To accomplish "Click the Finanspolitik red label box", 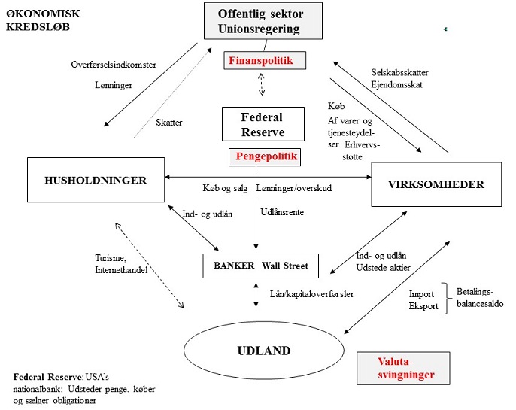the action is pos(265,60).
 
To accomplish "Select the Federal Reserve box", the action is pos(263,124).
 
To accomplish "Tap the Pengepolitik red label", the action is pos(265,157).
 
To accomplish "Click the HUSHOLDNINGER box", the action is pos(96,180).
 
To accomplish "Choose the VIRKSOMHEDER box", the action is pos(436,184).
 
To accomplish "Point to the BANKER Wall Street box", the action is pos(260,266).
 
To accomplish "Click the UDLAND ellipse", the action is pos(264,351).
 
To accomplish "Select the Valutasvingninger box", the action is pos(403,368).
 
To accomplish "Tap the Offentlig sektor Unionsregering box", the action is pos(263,21).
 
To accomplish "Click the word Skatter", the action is pos(168,123).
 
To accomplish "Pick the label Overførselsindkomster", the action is pos(114,65).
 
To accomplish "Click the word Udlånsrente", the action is pos(282,212).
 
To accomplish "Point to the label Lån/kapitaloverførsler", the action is pos(311,294).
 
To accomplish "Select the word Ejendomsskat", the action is pos(396,84).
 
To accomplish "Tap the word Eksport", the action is pos(423,306).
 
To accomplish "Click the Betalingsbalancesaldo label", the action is pos(480,297).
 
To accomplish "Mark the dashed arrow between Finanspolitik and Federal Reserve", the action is pos(261,84).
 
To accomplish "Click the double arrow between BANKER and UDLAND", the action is pos(256,295).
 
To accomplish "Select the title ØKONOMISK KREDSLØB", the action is pos(43,20).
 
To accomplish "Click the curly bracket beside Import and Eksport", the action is pos(446,299).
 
